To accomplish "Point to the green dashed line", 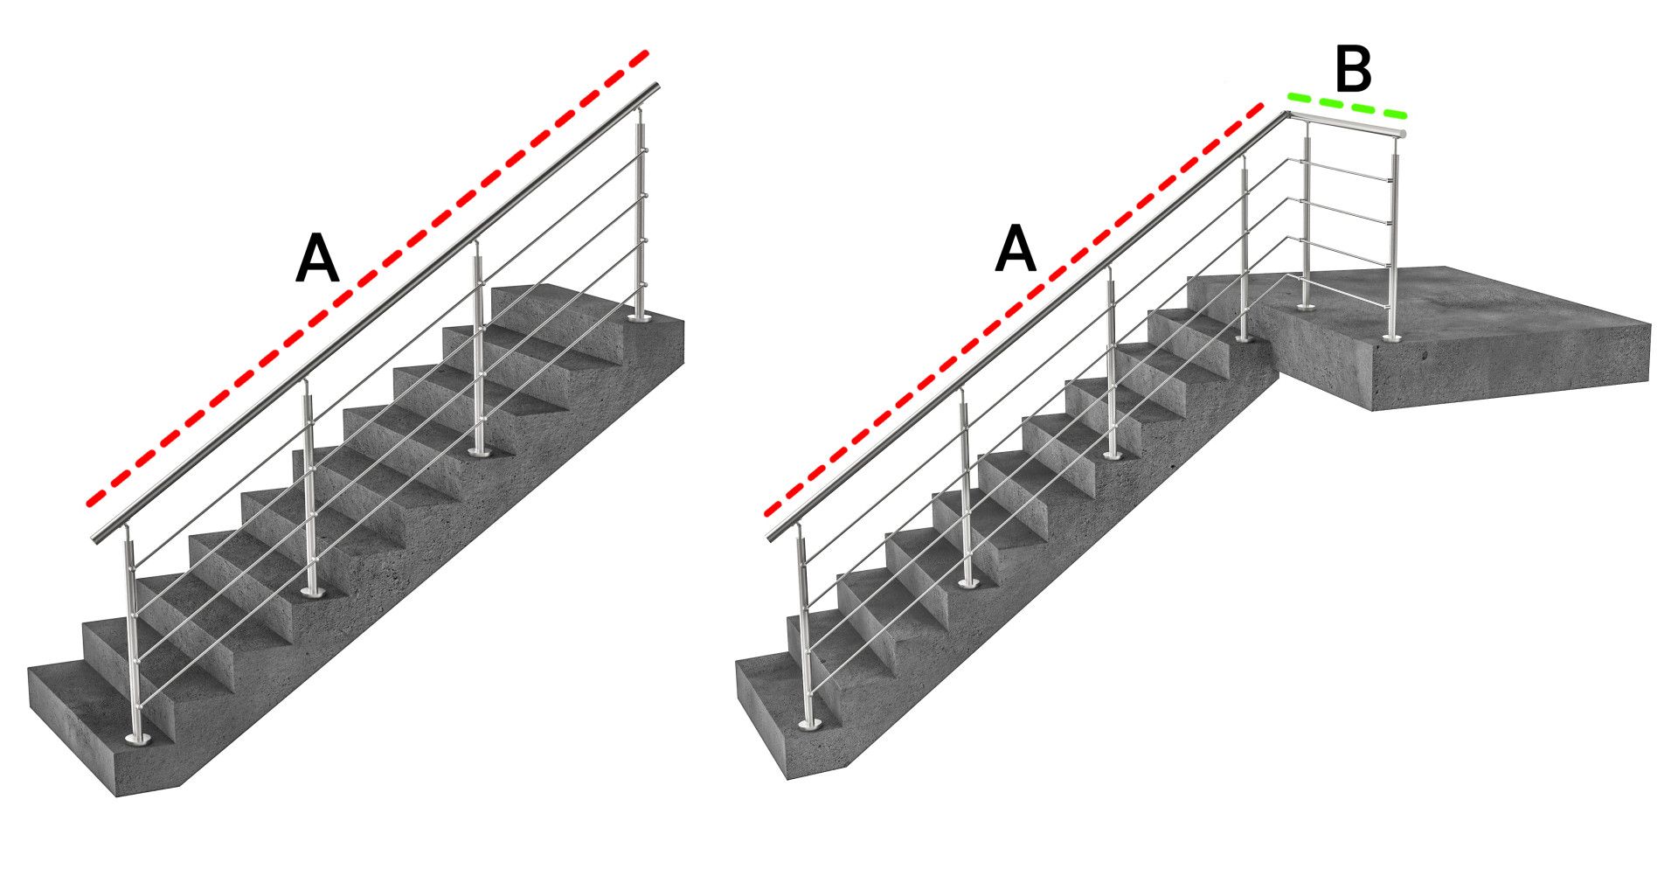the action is pos(1347,104).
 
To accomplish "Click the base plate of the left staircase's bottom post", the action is pos(138,740).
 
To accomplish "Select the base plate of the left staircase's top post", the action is pos(640,320).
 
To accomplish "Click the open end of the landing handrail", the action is pos(1401,133).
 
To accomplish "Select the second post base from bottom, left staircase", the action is pos(312,592).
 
